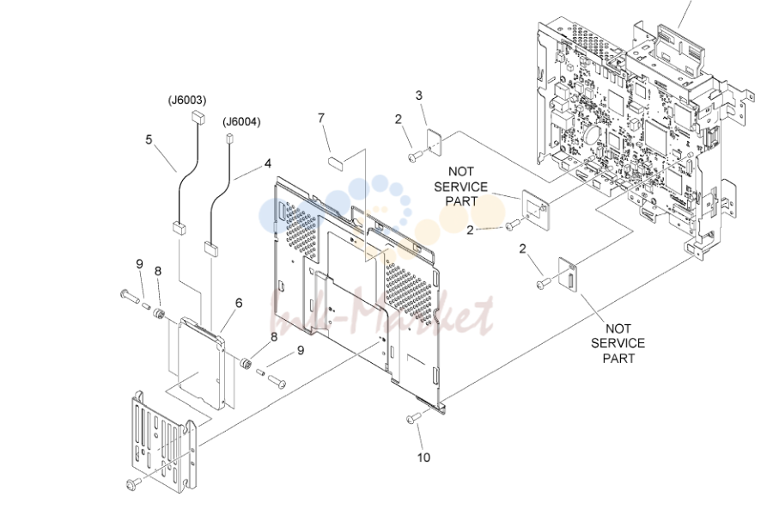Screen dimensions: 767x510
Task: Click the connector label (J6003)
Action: tap(187, 100)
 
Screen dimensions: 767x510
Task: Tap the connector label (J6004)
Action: tap(241, 121)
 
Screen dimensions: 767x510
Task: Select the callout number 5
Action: tap(149, 139)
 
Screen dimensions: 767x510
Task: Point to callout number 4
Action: tap(268, 163)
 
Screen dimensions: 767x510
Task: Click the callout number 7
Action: tap(321, 118)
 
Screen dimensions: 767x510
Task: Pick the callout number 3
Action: tap(419, 95)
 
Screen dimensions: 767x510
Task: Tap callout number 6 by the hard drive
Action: tap(239, 303)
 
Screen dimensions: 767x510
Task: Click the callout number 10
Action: tap(423, 458)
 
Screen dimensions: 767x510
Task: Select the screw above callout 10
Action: tap(413, 418)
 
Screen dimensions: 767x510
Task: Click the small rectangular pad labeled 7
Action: tap(335, 162)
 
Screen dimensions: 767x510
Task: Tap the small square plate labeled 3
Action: tap(435, 141)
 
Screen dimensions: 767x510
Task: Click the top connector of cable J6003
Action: tap(198, 117)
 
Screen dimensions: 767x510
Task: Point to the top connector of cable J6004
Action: tap(228, 138)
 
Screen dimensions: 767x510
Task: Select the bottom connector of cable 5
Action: tap(178, 228)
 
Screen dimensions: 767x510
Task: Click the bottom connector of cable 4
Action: tap(211, 249)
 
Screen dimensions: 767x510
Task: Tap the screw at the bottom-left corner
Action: tap(133, 484)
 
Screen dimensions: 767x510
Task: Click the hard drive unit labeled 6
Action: tap(202, 363)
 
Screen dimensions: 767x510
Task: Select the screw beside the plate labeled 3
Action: tap(414, 156)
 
